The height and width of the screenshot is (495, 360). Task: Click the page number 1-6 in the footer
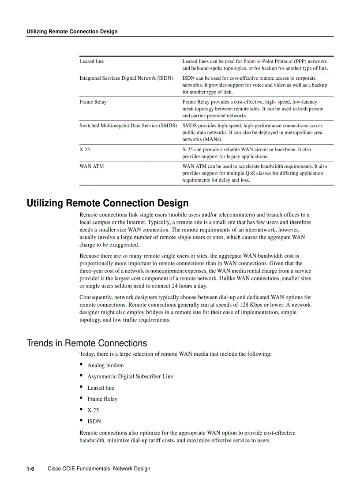[x=30, y=469]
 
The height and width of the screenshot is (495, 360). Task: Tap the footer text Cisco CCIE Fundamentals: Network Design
[x=99, y=469]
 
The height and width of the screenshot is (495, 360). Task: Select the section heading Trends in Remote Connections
[x=87, y=343]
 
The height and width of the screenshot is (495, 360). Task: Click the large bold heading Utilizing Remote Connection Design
[x=108, y=203]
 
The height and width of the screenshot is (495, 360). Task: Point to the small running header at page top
[x=72, y=31]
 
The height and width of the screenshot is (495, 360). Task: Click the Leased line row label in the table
[x=92, y=61]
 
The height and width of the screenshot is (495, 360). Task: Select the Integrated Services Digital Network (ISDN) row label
[x=126, y=78]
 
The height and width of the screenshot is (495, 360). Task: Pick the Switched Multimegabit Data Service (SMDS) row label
[x=128, y=126]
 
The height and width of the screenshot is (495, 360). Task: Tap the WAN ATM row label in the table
[x=92, y=166]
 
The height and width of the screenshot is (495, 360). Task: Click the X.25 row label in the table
[x=85, y=149]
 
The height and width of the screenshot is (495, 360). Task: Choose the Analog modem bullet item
[x=105, y=365]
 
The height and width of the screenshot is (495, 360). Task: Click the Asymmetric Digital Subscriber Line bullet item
[x=130, y=376]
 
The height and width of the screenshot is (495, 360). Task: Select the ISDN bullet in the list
[x=94, y=421]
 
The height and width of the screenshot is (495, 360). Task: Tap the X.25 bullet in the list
[x=93, y=410]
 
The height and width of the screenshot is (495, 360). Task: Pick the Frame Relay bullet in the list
[x=102, y=399]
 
